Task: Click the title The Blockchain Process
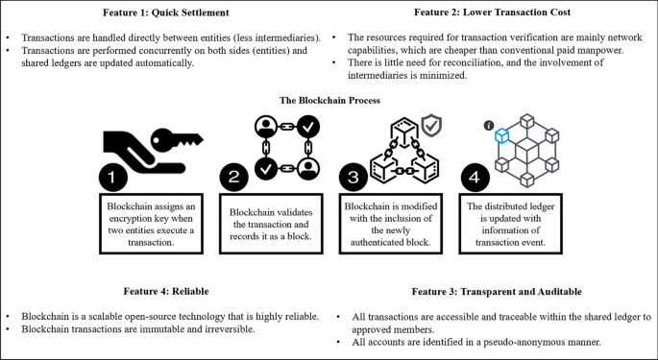click(x=329, y=100)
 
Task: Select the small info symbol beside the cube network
click(x=488, y=125)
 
